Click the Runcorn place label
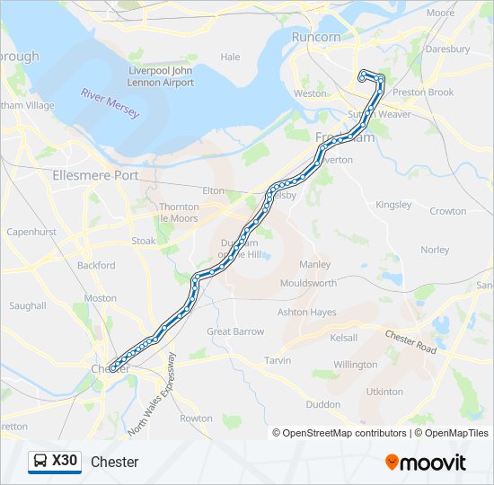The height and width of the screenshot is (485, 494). point(316,37)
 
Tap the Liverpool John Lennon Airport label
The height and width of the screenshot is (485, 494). point(161,76)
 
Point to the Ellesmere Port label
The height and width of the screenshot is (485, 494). point(96,175)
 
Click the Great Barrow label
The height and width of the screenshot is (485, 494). point(235,331)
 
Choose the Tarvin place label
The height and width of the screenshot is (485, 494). point(278,360)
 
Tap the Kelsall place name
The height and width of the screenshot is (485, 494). point(343,338)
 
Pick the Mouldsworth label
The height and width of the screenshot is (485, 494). point(308,282)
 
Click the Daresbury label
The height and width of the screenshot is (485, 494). point(446,49)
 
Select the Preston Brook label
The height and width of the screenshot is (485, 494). point(422,92)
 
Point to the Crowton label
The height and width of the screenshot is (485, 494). point(448,211)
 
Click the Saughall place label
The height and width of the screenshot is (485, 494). point(27,305)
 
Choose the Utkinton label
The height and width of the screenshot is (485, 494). point(384,392)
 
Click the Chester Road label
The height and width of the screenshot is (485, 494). point(410,342)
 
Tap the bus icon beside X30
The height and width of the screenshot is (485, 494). point(40,462)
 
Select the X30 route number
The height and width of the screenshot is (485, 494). point(66,461)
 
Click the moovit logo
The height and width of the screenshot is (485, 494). point(426,463)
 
